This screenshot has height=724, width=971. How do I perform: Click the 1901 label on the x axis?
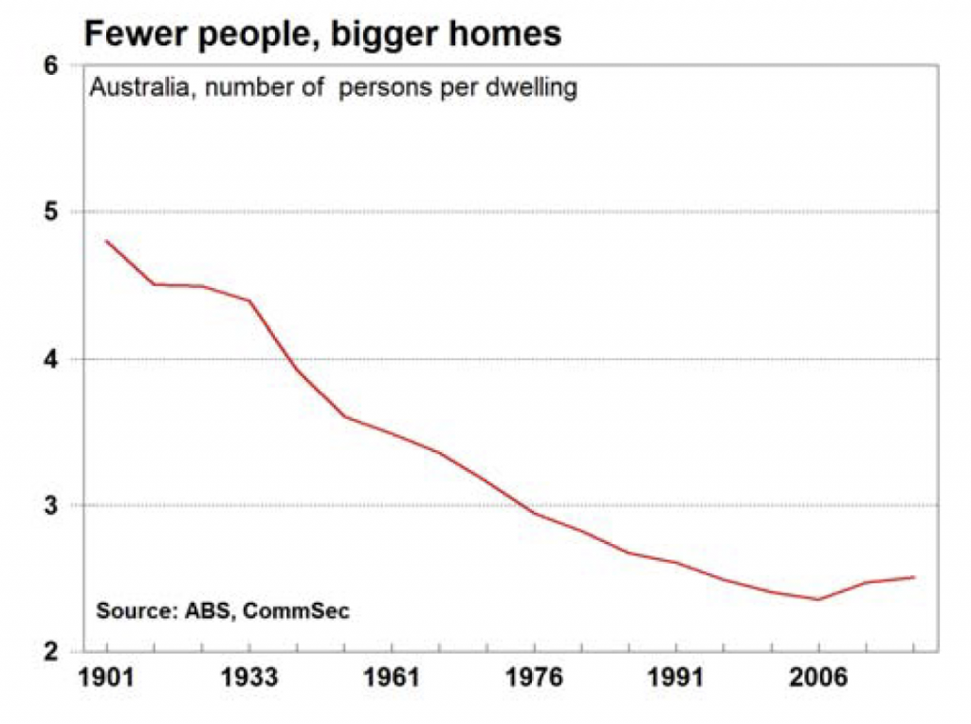(106, 679)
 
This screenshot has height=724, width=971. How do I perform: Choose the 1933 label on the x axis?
(249, 679)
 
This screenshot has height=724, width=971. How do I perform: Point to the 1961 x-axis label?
(392, 679)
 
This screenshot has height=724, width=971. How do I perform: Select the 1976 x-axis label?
(534, 679)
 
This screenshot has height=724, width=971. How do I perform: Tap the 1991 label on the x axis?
(676, 679)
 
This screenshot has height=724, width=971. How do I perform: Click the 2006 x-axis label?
(818, 679)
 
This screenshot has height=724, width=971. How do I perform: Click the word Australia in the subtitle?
(132, 90)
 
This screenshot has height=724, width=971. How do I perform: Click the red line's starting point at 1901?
(106, 241)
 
